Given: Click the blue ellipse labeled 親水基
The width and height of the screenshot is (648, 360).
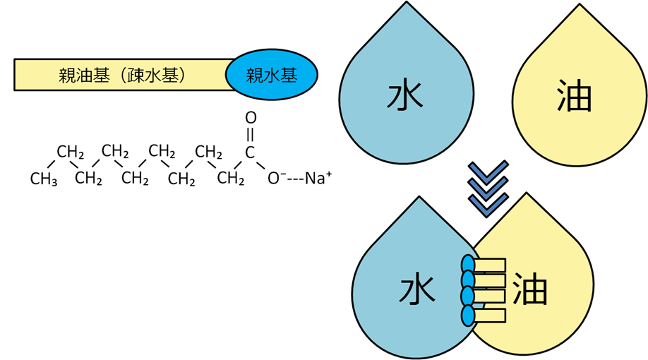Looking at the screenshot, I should [x=272, y=73].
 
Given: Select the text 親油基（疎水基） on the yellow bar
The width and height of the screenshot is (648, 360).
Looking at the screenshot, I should [x=121, y=74].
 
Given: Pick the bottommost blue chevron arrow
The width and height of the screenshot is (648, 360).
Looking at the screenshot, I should [x=488, y=205].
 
